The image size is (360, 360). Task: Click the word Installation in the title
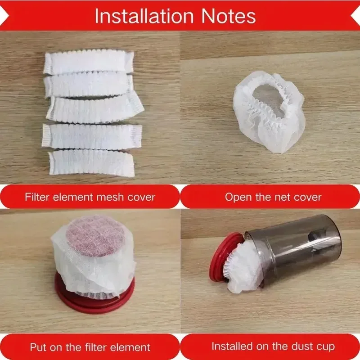pyautogui.click(x=138, y=16)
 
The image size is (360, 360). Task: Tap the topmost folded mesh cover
pyautogui.click(x=88, y=62)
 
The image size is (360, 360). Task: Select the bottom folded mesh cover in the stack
pyautogui.click(x=91, y=163)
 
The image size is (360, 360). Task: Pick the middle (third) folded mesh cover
pyautogui.click(x=95, y=109)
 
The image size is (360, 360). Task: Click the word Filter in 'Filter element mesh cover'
pyautogui.click(x=35, y=197)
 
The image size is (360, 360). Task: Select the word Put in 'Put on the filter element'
pyautogui.click(x=38, y=347)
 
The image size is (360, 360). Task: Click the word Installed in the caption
pyautogui.click(x=233, y=346)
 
